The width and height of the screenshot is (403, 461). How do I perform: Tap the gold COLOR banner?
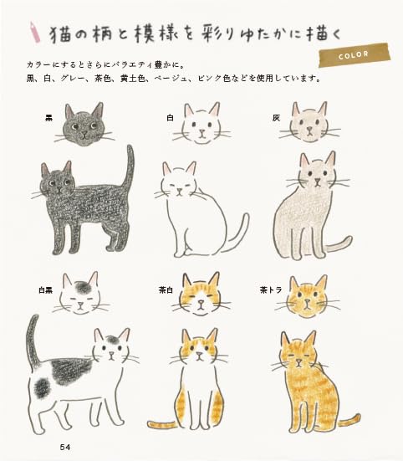tap(355, 56)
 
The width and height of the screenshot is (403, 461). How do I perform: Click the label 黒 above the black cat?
tap(49, 118)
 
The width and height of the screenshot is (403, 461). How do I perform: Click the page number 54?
tap(65, 447)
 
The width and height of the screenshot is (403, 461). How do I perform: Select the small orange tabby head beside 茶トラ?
tap(307, 299)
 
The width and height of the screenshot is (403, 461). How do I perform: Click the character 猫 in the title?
tap(62, 33)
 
